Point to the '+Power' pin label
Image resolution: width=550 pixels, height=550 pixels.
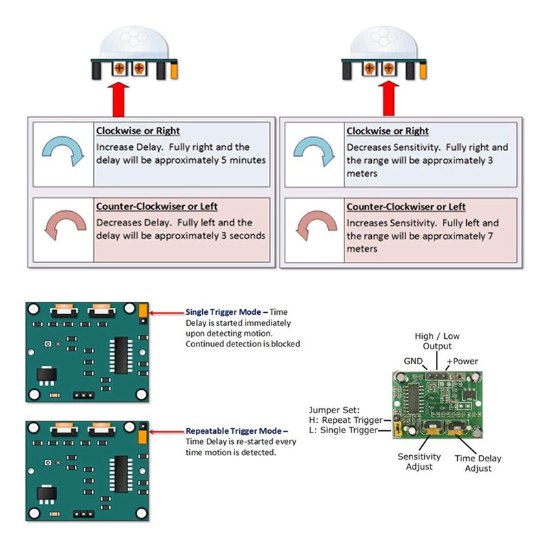click(462, 361)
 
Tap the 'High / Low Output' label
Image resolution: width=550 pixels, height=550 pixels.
click(437, 342)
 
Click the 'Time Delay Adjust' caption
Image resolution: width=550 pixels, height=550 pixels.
click(478, 463)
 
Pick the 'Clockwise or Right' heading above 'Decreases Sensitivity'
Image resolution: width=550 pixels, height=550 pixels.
click(387, 131)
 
